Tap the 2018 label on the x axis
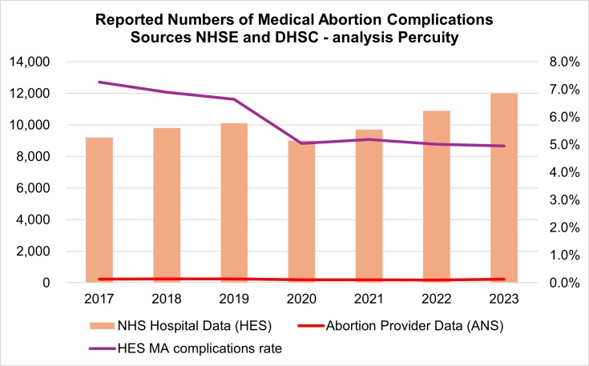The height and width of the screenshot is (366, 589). [x=167, y=299]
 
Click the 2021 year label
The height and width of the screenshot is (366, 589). [x=369, y=299]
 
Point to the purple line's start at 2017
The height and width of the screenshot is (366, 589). [x=99, y=82]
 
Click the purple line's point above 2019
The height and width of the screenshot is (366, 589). [x=234, y=99]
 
